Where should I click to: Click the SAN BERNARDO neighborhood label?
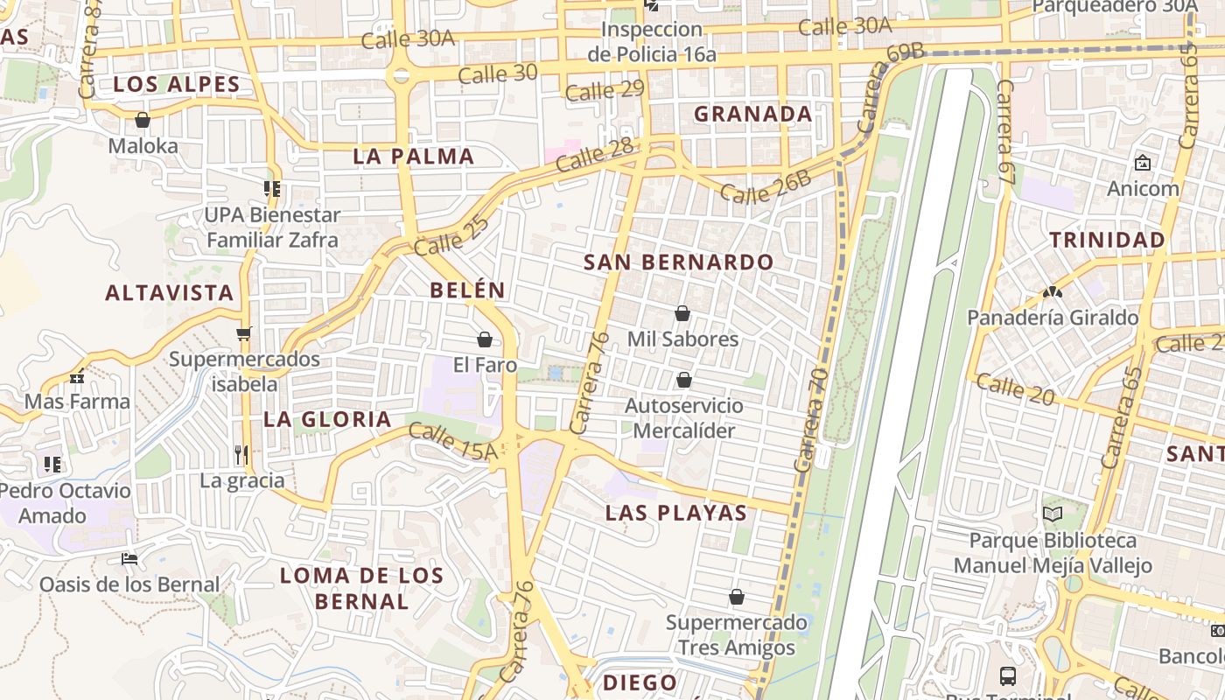pyautogui.click(x=678, y=262)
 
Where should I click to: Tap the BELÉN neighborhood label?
pyautogui.click(x=467, y=290)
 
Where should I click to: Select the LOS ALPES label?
pyautogui.click(x=176, y=84)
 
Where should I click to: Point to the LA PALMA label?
pyautogui.click(x=414, y=157)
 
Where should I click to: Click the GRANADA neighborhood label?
pyautogui.click(x=753, y=114)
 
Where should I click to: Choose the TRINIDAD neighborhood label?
pyautogui.click(x=1107, y=240)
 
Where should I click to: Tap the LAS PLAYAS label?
pyautogui.click(x=676, y=513)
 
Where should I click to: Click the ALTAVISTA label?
pyautogui.click(x=170, y=292)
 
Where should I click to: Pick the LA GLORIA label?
pyautogui.click(x=327, y=419)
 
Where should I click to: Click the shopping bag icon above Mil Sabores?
pyautogui.click(x=682, y=313)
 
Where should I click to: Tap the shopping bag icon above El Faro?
pyautogui.click(x=485, y=339)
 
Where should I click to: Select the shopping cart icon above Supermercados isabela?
pyautogui.click(x=243, y=333)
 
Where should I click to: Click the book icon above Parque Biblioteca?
pyautogui.click(x=1052, y=514)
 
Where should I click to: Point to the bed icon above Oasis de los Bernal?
pyautogui.click(x=129, y=559)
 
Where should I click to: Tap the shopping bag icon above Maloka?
pyautogui.click(x=143, y=120)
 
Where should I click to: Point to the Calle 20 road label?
pyautogui.click(x=1015, y=389)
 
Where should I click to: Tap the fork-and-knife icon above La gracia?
pyautogui.click(x=241, y=454)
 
